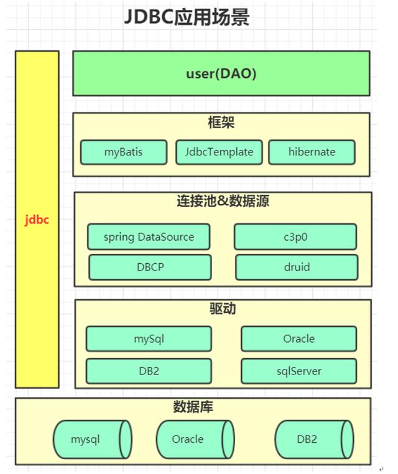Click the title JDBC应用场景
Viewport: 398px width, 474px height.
[x=187, y=17]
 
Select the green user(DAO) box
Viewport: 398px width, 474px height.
[x=221, y=73]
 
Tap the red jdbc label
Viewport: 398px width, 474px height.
[x=37, y=220]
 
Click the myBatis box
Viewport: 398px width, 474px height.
[x=124, y=152]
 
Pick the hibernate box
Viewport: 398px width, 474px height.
[x=312, y=152]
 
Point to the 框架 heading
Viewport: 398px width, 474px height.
[x=221, y=123]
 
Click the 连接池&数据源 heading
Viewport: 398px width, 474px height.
[x=222, y=202]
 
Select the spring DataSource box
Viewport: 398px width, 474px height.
[x=149, y=237]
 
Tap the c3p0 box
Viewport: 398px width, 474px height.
[x=295, y=237]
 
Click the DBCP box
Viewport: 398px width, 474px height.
[x=149, y=267]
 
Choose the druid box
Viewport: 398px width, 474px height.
[x=296, y=267]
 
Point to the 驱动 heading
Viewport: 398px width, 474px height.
[x=223, y=309]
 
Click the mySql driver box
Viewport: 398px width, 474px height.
[x=149, y=339]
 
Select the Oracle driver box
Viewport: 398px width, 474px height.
[x=298, y=339]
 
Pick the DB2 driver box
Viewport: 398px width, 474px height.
[x=149, y=371]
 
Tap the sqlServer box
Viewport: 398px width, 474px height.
[x=298, y=371]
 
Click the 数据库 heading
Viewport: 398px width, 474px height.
[x=193, y=408]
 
